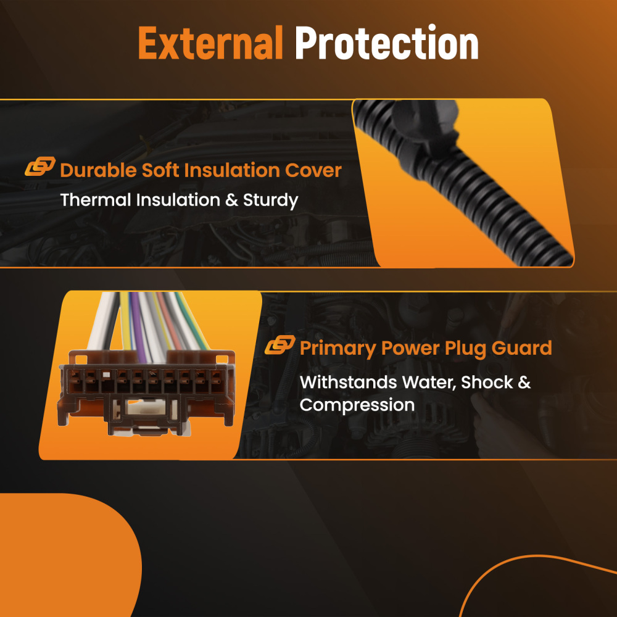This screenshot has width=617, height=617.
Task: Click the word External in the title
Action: click(x=210, y=43)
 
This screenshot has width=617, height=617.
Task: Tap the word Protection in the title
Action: click(x=387, y=42)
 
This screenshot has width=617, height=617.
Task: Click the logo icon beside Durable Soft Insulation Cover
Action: click(x=40, y=166)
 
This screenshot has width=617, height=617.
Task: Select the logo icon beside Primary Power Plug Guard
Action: click(x=280, y=345)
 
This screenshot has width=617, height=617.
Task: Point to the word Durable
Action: click(x=98, y=170)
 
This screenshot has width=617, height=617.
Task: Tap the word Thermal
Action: click(x=96, y=200)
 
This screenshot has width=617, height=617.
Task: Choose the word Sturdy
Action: click(x=271, y=201)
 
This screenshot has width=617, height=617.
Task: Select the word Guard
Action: click(x=522, y=348)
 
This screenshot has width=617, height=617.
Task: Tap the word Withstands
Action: click(x=348, y=382)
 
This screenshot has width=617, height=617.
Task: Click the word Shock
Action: click(x=487, y=383)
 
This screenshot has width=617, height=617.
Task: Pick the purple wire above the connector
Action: click(x=138, y=326)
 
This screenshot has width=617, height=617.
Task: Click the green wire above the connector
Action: click(x=193, y=321)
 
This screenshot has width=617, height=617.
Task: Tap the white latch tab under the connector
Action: click(x=146, y=407)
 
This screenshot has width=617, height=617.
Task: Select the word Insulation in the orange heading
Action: click(x=233, y=170)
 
